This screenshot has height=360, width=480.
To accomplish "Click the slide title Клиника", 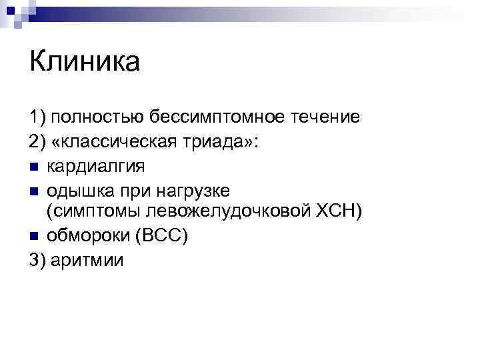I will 85,63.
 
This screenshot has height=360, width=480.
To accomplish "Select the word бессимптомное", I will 213,118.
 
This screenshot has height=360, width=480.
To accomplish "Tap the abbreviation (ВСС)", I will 163,235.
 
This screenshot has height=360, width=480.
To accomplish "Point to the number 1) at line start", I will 37,118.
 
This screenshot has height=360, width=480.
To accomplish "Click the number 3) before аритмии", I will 37,259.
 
